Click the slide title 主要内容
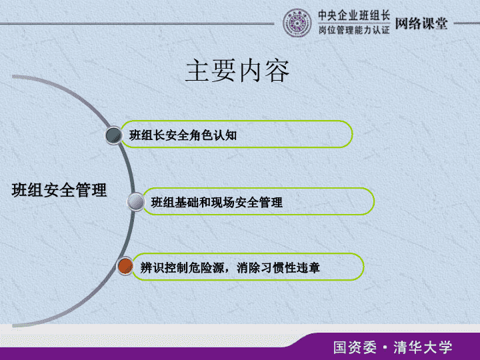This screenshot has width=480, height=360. [237, 71]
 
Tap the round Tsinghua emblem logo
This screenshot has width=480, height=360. [297, 23]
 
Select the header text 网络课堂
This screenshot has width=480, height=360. [421, 23]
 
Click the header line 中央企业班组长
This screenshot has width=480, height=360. [354, 15]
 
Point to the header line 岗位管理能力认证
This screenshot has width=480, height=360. [354, 30]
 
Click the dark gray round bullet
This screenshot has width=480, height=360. [114, 135]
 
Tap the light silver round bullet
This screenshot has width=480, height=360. [135, 202]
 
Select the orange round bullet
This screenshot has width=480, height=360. [125, 266]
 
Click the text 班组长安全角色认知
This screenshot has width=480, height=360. [183, 135]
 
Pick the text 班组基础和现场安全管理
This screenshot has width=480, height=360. [217, 203]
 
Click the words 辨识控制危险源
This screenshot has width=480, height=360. [182, 268]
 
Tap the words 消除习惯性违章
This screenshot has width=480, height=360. [278, 268]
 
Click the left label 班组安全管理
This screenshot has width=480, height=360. [59, 190]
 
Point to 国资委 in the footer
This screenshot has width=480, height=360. [355, 347]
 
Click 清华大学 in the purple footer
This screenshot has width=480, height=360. [423, 347]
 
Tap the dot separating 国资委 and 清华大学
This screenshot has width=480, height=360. [385, 348]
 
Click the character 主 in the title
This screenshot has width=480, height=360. [198, 71]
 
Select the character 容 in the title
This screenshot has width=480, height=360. [277, 71]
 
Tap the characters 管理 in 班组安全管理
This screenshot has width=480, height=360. [91, 190]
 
